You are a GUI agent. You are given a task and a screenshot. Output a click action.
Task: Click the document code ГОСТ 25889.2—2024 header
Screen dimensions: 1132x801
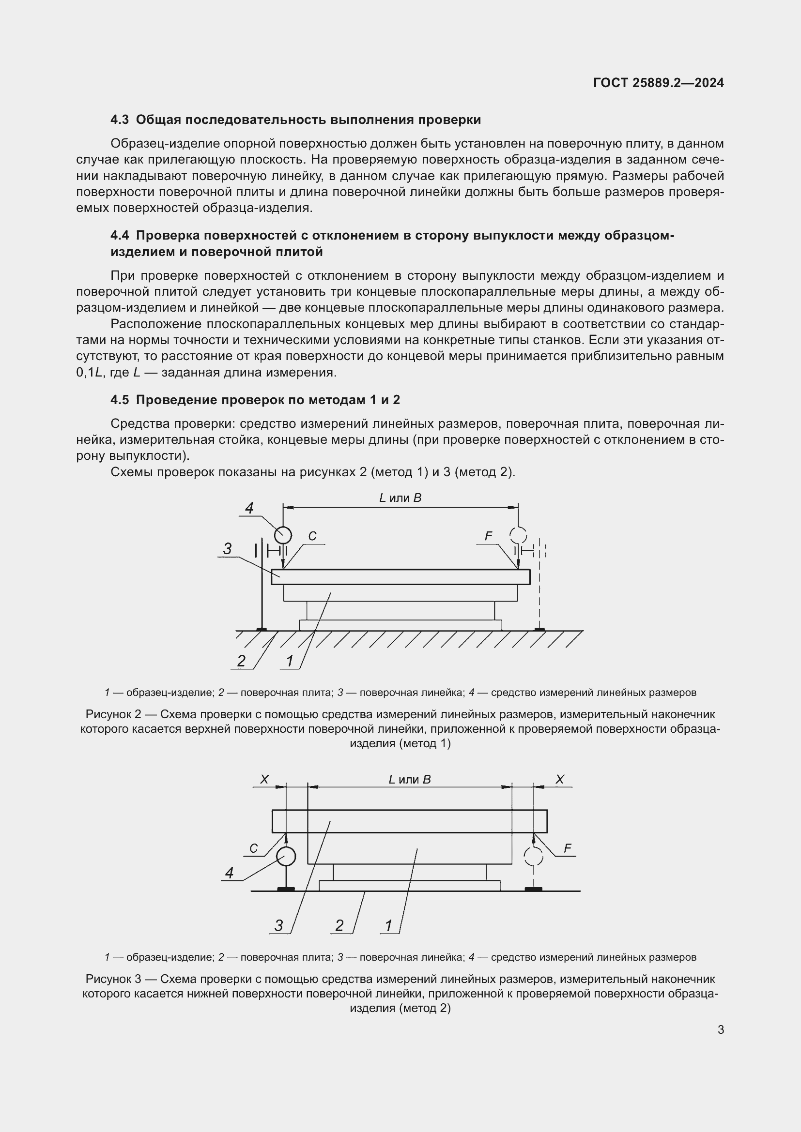point(659,83)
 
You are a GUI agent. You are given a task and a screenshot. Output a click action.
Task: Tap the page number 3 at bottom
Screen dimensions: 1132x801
point(721,1029)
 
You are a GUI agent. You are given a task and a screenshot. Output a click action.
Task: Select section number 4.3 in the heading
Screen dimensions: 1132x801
point(119,120)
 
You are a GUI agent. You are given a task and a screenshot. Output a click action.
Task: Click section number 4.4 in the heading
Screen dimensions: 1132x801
point(119,236)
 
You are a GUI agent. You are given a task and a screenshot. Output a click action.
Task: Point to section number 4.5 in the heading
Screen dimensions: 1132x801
point(119,400)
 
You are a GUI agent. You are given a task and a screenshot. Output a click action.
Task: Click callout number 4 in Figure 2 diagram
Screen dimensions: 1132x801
point(249,508)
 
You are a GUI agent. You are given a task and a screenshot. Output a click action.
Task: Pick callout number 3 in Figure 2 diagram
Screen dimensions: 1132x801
point(228,548)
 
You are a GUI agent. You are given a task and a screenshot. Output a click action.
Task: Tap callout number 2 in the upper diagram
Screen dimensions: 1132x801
point(241,661)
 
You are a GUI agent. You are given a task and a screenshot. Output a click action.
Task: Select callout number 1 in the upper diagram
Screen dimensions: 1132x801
point(290,661)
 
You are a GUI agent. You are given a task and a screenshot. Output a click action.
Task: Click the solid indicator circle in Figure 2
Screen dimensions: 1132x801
point(283,534)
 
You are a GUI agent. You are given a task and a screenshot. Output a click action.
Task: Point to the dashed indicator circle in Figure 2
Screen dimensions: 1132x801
point(518,534)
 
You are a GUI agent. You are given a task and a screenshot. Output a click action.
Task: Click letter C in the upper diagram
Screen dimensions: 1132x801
point(312,536)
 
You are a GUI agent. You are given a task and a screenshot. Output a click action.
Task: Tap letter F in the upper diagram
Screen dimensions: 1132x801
point(488,536)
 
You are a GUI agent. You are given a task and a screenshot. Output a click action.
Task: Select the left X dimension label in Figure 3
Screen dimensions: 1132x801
point(265,780)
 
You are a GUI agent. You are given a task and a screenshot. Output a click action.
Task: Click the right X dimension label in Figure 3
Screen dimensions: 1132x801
point(560,780)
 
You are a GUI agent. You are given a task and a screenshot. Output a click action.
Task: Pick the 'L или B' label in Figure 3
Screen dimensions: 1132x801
point(410,780)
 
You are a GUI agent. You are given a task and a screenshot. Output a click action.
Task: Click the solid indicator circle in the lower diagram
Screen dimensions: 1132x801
point(286,857)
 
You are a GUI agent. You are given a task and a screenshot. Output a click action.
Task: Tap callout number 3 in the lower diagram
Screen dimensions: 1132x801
point(278,926)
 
